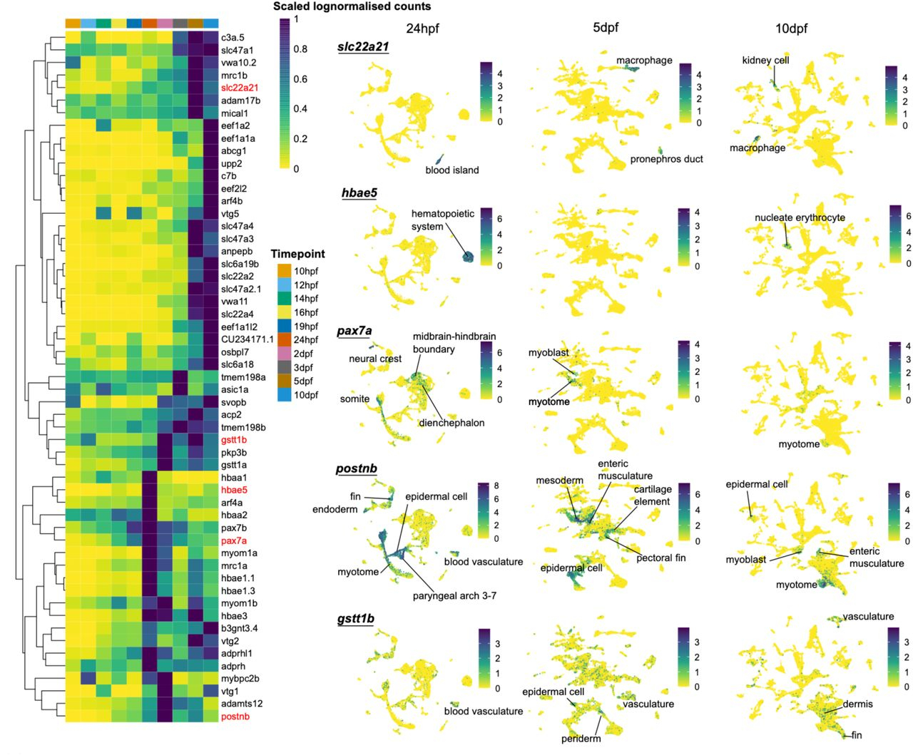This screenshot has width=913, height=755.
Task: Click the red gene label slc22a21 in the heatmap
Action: (x=239, y=88)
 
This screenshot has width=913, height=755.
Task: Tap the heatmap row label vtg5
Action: (x=230, y=214)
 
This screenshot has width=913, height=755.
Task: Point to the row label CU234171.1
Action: (x=247, y=339)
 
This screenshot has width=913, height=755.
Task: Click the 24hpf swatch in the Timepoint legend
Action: (x=283, y=340)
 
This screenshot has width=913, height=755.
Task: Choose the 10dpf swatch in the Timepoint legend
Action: (x=283, y=395)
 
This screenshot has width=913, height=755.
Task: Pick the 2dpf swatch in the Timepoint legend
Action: (x=283, y=354)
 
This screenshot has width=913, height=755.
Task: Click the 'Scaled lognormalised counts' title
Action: (x=352, y=6)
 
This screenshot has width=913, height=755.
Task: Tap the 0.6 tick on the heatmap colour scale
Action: (x=300, y=79)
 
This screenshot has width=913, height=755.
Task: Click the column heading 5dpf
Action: (x=605, y=28)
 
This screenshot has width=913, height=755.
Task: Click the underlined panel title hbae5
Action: (x=359, y=193)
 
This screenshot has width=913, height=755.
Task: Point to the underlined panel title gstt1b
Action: (x=356, y=619)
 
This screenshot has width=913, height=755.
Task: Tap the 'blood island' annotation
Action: (x=452, y=170)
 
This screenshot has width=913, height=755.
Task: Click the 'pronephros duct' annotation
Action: (x=666, y=159)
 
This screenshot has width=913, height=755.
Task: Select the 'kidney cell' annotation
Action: (x=765, y=61)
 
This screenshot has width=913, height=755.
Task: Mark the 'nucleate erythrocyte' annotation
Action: (x=800, y=217)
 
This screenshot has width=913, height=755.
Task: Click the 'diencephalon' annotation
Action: (x=452, y=423)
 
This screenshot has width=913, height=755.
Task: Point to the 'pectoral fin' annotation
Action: (x=660, y=558)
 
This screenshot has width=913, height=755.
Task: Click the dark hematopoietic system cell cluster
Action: (x=466, y=257)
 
